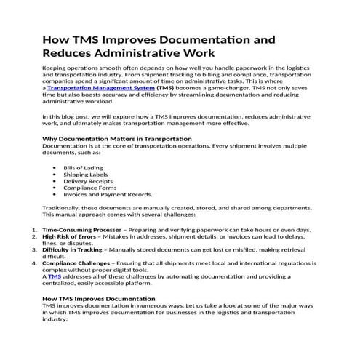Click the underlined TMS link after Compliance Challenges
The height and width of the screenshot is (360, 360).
pos(55,277)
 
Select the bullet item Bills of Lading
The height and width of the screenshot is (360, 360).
pos(84,167)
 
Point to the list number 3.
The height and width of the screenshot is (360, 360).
pos(35,249)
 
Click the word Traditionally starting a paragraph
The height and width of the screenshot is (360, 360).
pos(65,208)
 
